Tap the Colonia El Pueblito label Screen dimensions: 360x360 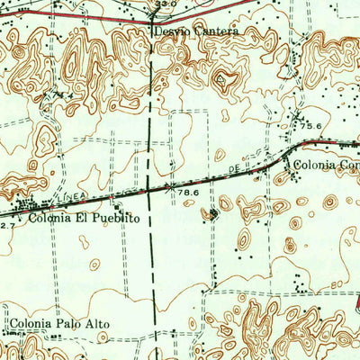tap(84, 218)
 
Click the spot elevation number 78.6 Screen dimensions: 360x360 tap(187, 193)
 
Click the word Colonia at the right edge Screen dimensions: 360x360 tap(314, 166)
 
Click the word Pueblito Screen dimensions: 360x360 tap(118, 218)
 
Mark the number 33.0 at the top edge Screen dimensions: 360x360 tap(163, 4)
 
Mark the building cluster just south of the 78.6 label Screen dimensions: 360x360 tap(213, 213)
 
